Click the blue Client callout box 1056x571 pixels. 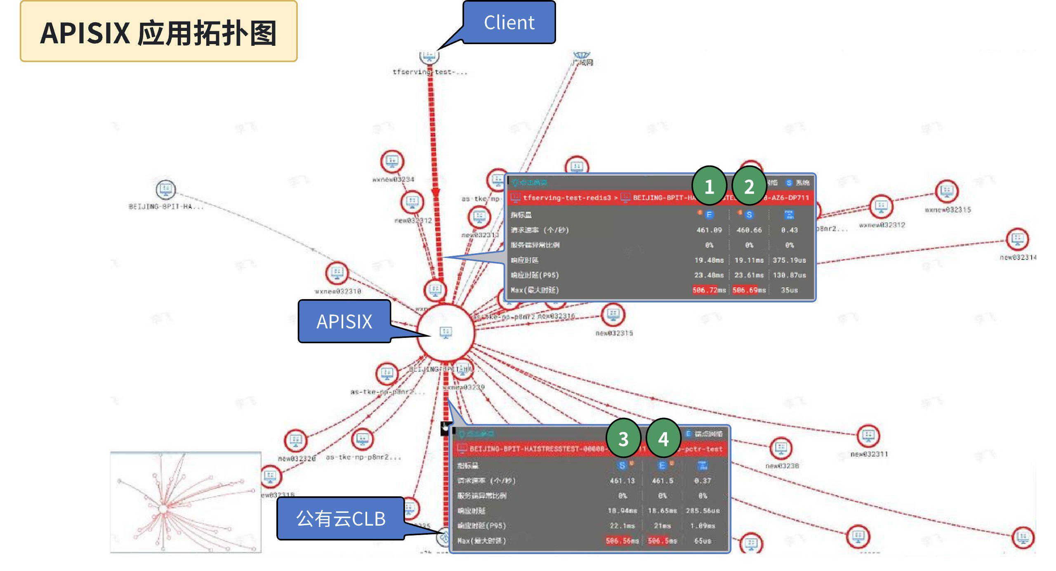click(x=509, y=22)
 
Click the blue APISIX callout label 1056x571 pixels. click(x=344, y=321)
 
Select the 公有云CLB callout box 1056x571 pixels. click(x=341, y=518)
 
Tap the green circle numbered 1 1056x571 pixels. click(x=709, y=186)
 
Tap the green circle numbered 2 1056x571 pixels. click(x=749, y=186)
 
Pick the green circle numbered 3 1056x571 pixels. click(x=623, y=439)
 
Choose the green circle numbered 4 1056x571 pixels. click(x=663, y=439)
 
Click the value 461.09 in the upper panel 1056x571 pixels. click(x=709, y=230)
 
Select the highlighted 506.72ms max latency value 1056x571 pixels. click(x=709, y=290)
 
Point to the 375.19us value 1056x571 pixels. click(x=789, y=260)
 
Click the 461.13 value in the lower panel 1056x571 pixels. click(x=622, y=481)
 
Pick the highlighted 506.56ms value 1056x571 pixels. click(x=622, y=540)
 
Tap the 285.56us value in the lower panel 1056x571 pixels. click(x=702, y=511)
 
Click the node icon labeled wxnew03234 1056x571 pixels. click(x=392, y=161)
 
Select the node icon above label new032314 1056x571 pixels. click(x=1018, y=239)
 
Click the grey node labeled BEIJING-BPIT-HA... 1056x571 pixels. click(x=166, y=190)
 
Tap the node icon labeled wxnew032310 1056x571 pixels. click(x=337, y=273)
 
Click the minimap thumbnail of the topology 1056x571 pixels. click(x=186, y=502)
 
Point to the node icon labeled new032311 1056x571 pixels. click(x=868, y=435)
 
